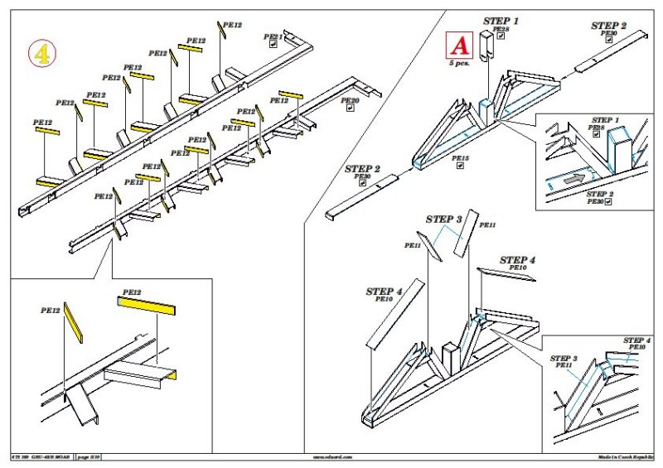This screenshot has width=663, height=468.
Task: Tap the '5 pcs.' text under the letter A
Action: [458, 62]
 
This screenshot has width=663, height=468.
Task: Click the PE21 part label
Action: [273, 37]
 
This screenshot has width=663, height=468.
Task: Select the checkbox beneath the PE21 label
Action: [273, 46]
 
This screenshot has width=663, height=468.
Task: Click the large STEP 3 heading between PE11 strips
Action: [444, 219]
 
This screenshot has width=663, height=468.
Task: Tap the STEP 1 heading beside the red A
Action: [501, 21]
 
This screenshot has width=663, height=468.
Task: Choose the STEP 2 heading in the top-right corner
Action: [609, 26]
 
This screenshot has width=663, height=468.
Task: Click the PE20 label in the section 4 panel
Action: [349, 101]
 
